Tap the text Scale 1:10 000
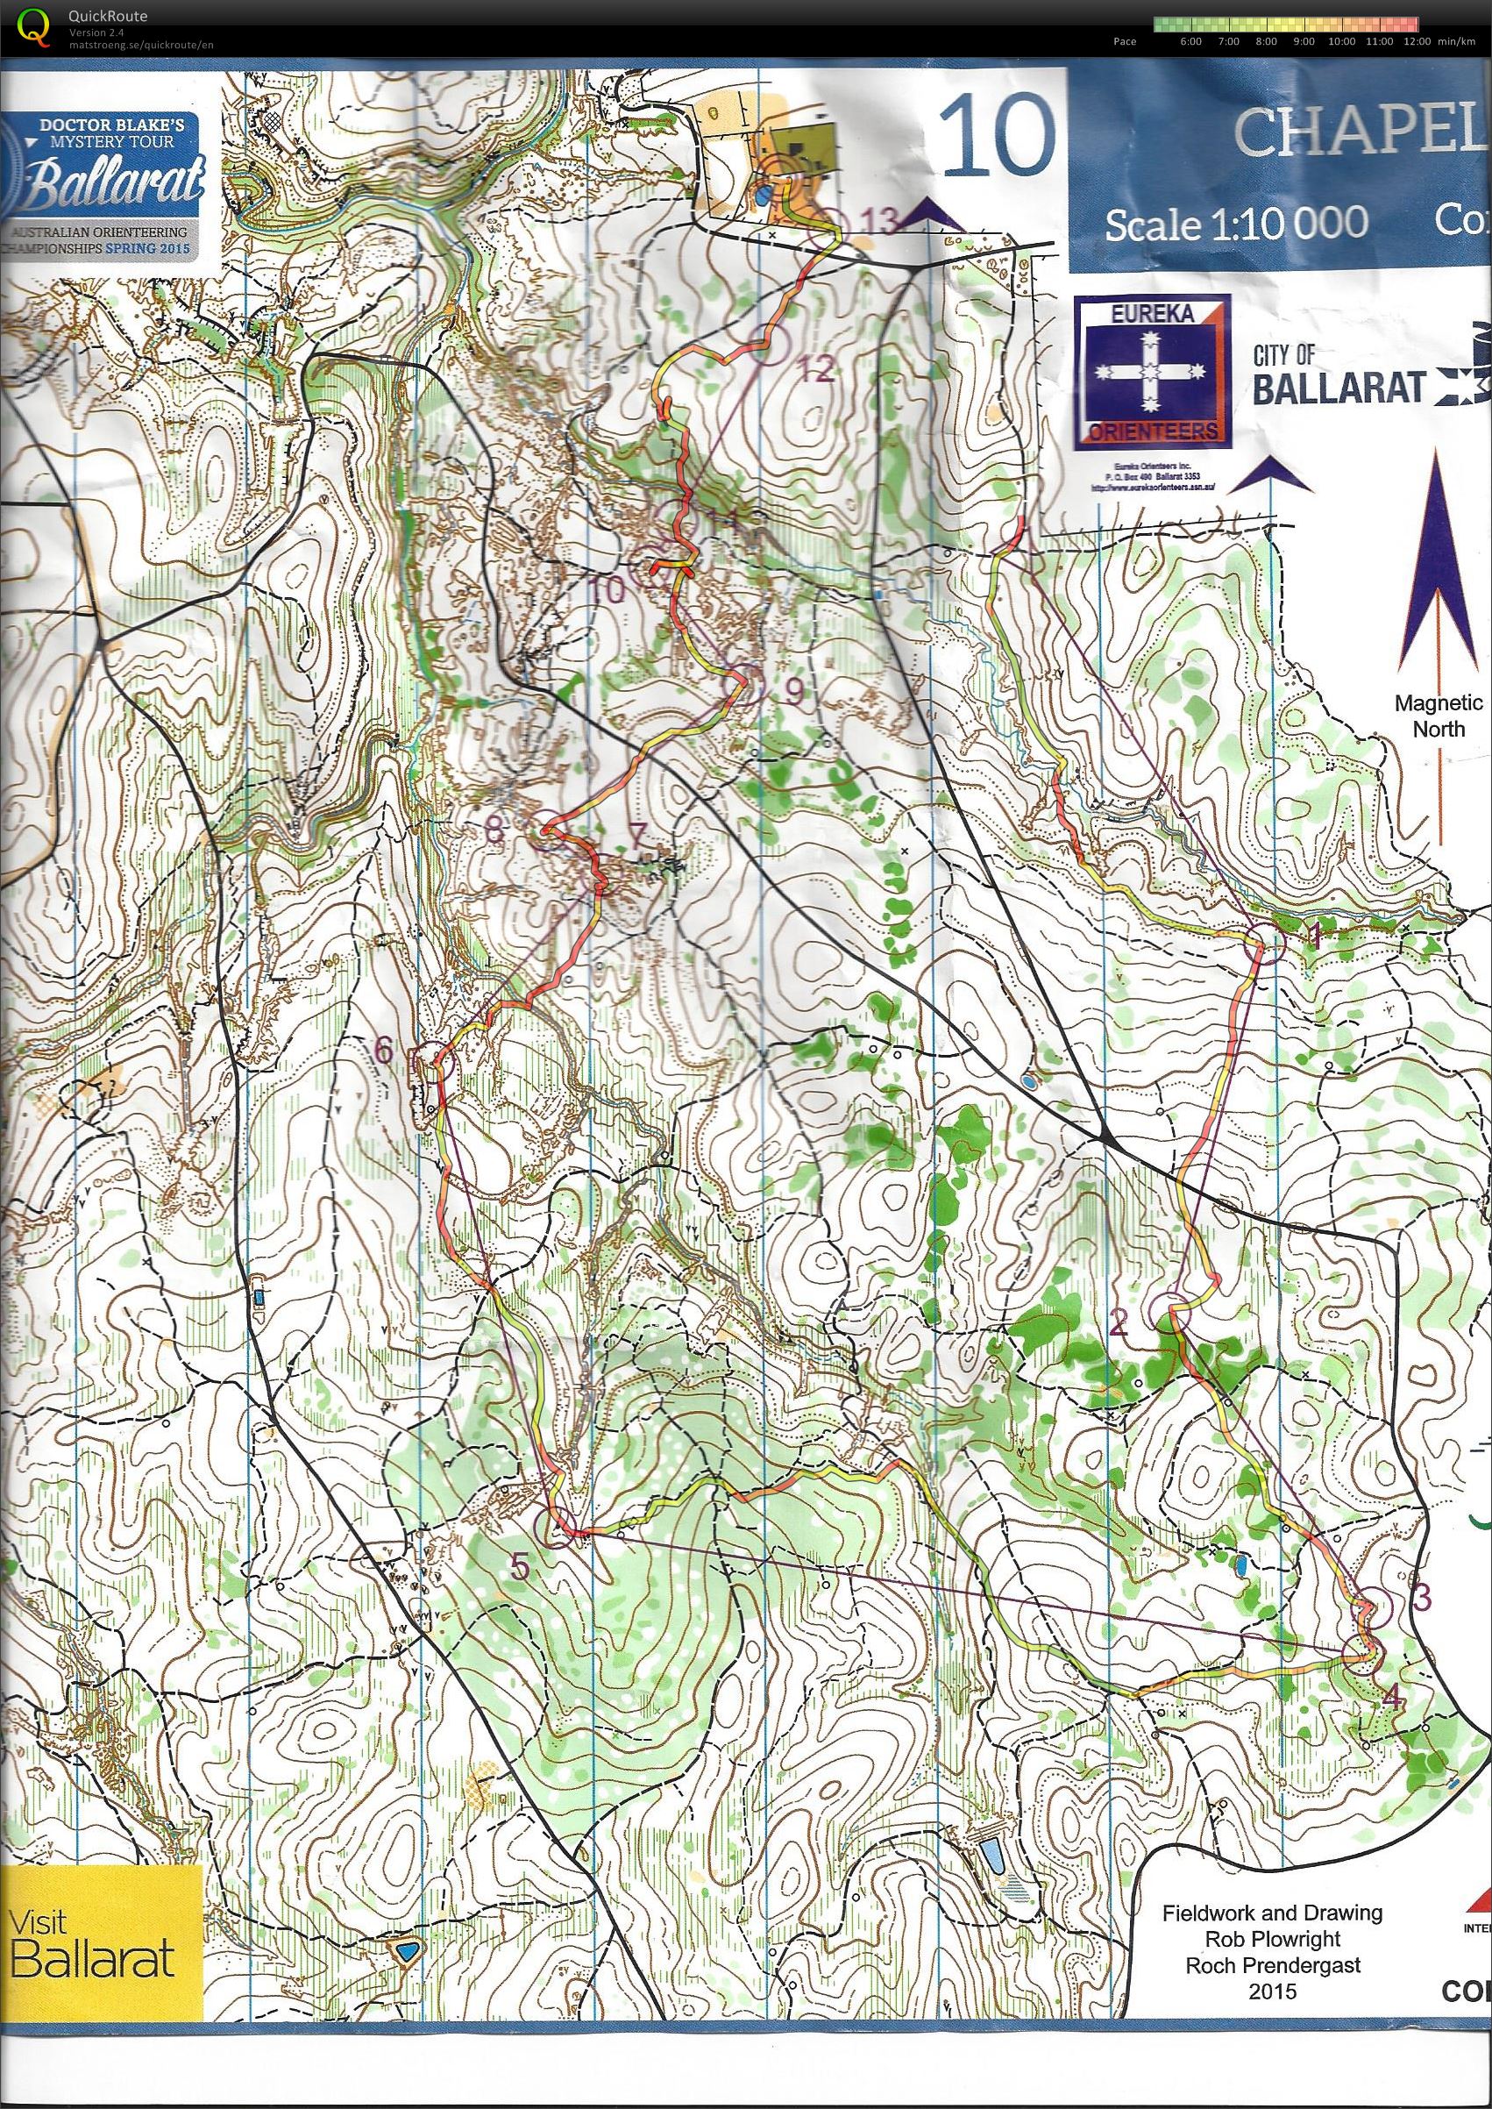click(x=1236, y=224)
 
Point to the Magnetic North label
click(x=1438, y=716)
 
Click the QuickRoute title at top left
click(x=107, y=17)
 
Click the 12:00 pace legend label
click(x=1416, y=41)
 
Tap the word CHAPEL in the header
click(x=1360, y=133)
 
